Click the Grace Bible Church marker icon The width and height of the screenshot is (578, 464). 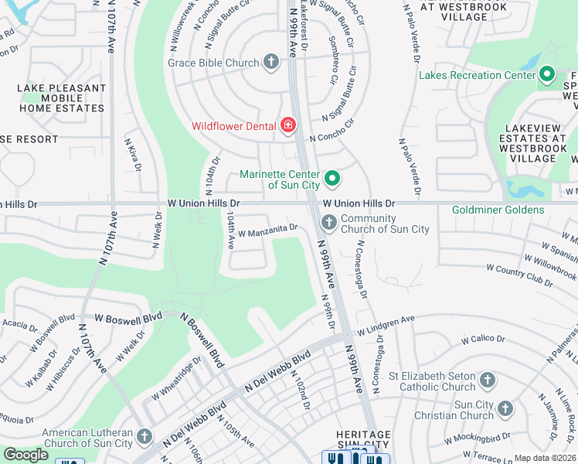270,62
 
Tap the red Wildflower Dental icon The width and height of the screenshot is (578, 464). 288,125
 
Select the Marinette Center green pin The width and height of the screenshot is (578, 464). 332,179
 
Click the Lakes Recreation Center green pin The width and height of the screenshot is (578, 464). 547,75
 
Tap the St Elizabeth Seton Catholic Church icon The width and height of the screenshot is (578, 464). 487,380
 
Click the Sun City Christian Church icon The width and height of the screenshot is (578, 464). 505,408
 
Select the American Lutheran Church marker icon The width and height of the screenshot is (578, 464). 144,438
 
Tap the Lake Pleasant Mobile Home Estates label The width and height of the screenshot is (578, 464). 61,98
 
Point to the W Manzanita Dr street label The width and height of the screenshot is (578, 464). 267,230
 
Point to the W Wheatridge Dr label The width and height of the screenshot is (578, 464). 176,384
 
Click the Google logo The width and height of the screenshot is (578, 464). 26,455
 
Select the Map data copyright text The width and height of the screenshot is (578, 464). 546,458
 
